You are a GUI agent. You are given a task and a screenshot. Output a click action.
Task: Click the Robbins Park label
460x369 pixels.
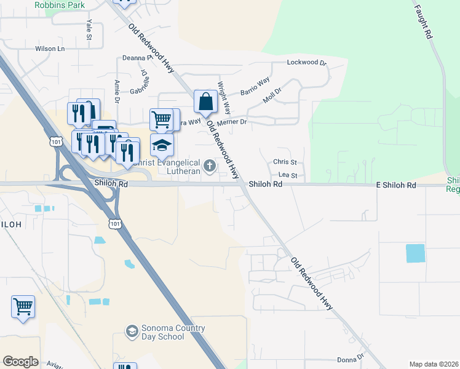(60, 5)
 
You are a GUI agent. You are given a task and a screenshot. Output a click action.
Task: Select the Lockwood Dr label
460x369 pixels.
(307, 63)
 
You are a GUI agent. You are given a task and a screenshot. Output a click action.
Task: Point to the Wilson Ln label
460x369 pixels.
(50, 49)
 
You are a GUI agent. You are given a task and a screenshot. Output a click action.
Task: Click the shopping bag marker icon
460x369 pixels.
(205, 102)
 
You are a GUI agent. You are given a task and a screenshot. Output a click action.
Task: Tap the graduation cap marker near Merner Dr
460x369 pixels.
(162, 145)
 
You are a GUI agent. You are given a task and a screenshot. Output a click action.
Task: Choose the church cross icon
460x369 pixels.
(210, 165)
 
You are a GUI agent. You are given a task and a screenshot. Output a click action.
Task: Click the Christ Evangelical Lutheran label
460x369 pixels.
(166, 167)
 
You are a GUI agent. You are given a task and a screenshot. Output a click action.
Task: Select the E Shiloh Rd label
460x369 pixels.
(396, 185)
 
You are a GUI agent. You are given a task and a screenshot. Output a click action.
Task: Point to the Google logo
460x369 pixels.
(20, 361)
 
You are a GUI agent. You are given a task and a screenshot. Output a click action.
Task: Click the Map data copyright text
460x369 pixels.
(434, 364)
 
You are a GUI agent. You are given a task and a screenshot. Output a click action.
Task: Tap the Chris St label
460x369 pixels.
(285, 162)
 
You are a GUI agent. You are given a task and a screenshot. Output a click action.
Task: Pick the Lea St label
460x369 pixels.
(288, 175)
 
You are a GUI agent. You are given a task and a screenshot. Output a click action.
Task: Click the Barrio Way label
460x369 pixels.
(255, 86)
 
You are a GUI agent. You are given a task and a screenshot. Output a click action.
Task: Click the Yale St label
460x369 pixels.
(89, 30)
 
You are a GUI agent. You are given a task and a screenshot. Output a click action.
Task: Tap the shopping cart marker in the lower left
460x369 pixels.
(23, 306)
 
